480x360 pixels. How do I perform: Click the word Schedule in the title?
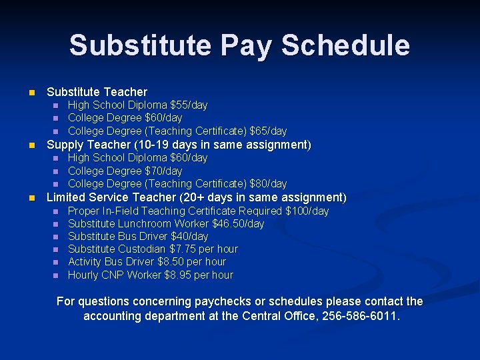(x=345, y=46)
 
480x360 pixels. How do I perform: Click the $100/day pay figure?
(x=307, y=211)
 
